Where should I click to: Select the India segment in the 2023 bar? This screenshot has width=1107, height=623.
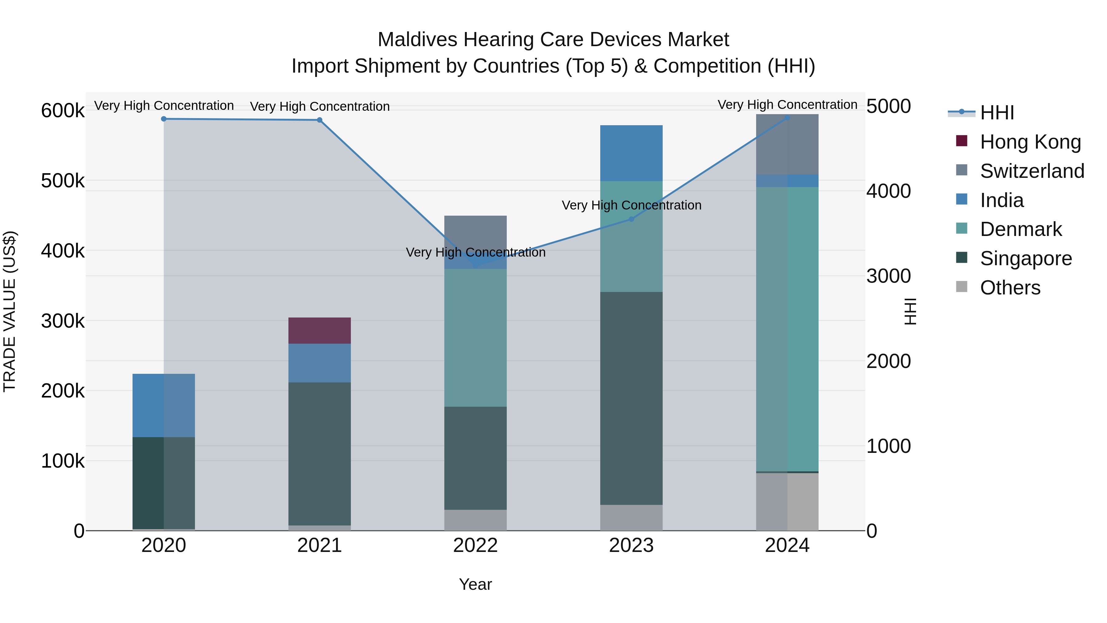point(631,153)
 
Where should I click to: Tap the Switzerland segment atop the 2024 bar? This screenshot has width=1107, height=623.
point(787,144)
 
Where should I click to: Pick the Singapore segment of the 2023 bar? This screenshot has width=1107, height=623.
point(631,398)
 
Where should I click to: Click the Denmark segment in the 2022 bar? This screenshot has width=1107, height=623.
point(475,337)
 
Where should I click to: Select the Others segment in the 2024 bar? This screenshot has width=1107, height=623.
point(787,501)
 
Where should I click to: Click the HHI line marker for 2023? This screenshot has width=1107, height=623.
point(631,219)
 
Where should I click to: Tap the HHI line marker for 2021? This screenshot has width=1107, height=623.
point(319,120)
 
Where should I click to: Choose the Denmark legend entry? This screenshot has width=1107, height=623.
point(1020,229)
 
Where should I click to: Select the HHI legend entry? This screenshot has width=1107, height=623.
point(997,113)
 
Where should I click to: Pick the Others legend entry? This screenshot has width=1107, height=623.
point(1010,288)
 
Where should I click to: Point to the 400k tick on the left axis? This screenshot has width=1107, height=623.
point(63,251)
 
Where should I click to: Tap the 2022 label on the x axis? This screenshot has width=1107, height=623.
point(475,545)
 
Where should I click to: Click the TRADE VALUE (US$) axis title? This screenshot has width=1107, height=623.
point(10,311)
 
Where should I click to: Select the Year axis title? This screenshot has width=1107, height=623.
point(475,584)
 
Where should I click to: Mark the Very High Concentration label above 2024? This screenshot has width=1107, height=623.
point(787,105)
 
